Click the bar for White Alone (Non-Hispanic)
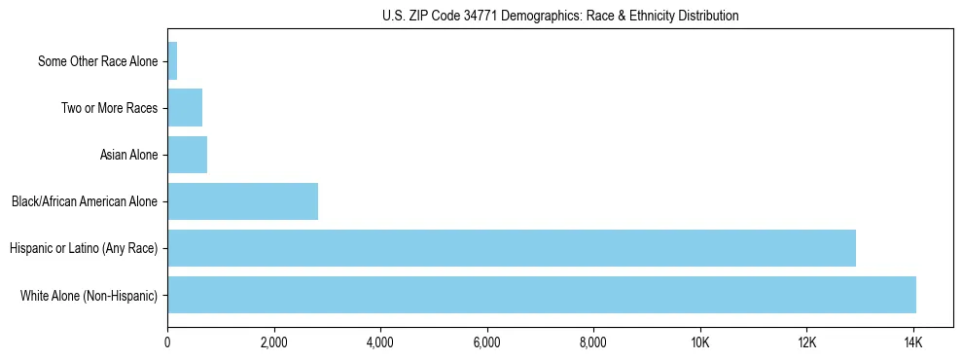tap(542, 295)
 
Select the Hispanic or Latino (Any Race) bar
tap(512, 248)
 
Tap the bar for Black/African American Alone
tap(243, 201)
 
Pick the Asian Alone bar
tap(188, 155)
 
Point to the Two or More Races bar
tap(185, 108)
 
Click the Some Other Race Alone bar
tap(172, 61)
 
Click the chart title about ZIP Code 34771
tap(560, 16)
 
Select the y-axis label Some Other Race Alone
tap(97, 61)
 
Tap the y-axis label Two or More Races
tap(109, 108)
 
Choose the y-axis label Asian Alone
tap(128, 155)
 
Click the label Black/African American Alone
tap(85, 201)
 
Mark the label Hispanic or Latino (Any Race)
tap(84, 248)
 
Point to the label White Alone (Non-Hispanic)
tap(89, 295)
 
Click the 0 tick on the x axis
tap(167, 342)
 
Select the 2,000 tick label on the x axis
tap(274, 342)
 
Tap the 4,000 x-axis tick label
tap(380, 342)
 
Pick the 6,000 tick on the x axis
tap(486, 342)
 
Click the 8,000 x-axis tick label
tap(593, 342)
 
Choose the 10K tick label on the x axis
tap(699, 342)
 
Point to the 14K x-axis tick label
tap(912, 342)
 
